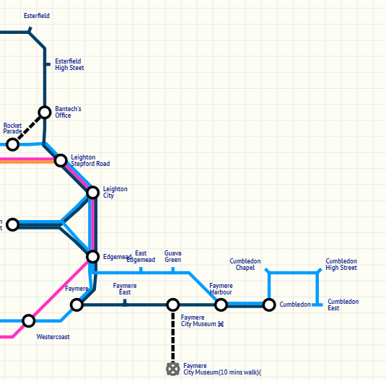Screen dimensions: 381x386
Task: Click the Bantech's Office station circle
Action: click(45, 112)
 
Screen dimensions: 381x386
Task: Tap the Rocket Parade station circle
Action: click(12, 144)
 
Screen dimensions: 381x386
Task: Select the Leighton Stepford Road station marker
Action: click(61, 159)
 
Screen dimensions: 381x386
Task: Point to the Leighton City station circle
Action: click(92, 192)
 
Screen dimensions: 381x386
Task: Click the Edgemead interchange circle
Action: click(92, 256)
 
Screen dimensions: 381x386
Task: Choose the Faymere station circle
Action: click(76, 305)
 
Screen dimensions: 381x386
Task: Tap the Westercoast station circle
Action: click(28, 320)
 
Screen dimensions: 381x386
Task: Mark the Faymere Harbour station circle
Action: click(221, 305)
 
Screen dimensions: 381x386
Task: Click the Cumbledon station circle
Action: click(268, 305)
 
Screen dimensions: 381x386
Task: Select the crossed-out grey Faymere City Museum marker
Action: click(172, 369)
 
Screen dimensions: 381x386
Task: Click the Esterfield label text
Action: click(36, 16)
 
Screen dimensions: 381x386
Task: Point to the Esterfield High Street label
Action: click(69, 64)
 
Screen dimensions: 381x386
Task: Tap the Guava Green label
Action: click(172, 256)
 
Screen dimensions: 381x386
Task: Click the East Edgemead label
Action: click(141, 256)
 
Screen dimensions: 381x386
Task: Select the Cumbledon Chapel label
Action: click(245, 264)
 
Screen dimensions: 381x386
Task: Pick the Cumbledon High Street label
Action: click(341, 264)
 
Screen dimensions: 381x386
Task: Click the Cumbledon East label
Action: click(343, 305)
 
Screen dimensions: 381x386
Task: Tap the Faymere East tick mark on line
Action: click(125, 303)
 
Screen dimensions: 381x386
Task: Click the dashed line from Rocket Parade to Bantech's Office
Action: click(28, 128)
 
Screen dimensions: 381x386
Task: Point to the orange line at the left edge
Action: click(22, 162)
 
